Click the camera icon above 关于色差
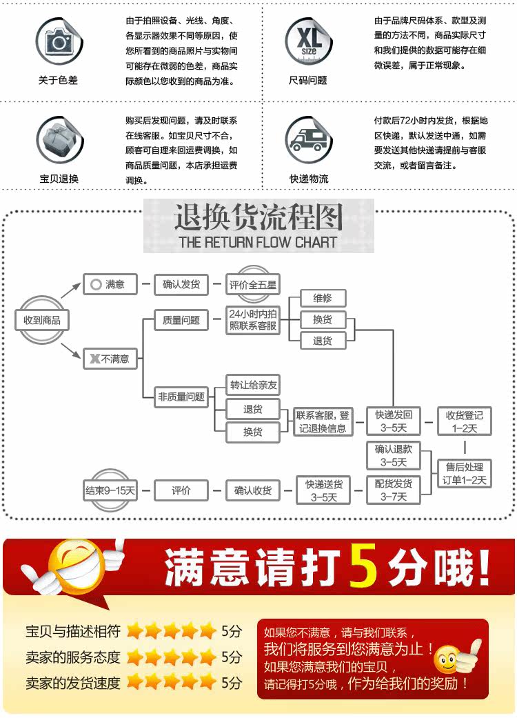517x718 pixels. [58, 41]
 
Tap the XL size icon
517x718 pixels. [308, 41]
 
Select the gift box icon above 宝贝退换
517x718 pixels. [58, 140]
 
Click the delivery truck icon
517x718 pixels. [308, 140]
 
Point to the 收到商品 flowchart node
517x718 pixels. [42, 320]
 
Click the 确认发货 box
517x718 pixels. [181, 283]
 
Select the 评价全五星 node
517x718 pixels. [253, 283]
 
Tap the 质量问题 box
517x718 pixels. [181, 320]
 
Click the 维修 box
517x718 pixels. [323, 298]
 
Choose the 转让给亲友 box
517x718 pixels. [254, 385]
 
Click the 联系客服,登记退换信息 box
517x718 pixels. [323, 421]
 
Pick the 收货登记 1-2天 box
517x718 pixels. [465, 421]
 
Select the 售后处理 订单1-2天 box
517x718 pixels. [465, 473]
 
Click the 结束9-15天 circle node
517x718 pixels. [110, 491]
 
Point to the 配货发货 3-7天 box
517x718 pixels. [394, 490]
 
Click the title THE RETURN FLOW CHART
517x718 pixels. [258, 242]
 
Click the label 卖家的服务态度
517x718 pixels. [73, 657]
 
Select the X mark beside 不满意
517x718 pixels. [94, 359]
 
